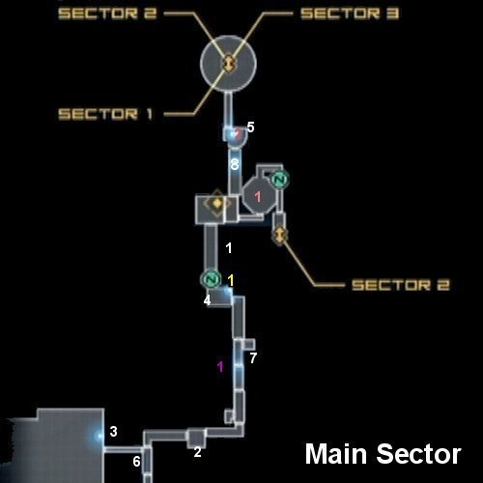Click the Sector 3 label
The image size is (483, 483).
pyautogui.click(x=350, y=14)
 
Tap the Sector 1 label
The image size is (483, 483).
pyautogui.click(x=105, y=114)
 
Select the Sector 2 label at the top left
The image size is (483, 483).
pyautogui.click(x=107, y=14)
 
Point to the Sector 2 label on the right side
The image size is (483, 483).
pyautogui.click(x=401, y=285)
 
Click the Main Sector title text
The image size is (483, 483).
pyautogui.click(x=384, y=454)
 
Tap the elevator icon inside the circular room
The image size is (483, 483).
pyautogui.click(x=229, y=63)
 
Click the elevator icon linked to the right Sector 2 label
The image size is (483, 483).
pyautogui.click(x=280, y=235)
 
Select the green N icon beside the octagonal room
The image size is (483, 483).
pyautogui.click(x=279, y=180)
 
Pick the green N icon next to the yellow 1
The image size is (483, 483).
pyautogui.click(x=212, y=279)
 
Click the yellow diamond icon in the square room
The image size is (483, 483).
pyautogui.click(x=217, y=203)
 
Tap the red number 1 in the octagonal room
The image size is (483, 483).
pyautogui.click(x=258, y=196)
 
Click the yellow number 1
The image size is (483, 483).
pyautogui.click(x=231, y=281)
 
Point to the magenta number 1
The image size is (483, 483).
pyautogui.click(x=220, y=366)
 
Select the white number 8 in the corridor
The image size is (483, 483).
pyautogui.click(x=235, y=164)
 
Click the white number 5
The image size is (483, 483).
pyautogui.click(x=250, y=128)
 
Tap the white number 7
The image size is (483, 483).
pyautogui.click(x=253, y=358)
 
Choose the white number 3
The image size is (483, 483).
pyautogui.click(x=113, y=432)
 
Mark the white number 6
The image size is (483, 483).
pyautogui.click(x=136, y=462)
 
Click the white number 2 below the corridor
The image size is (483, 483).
pyautogui.click(x=197, y=452)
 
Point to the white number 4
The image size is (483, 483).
pyautogui.click(x=207, y=300)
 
